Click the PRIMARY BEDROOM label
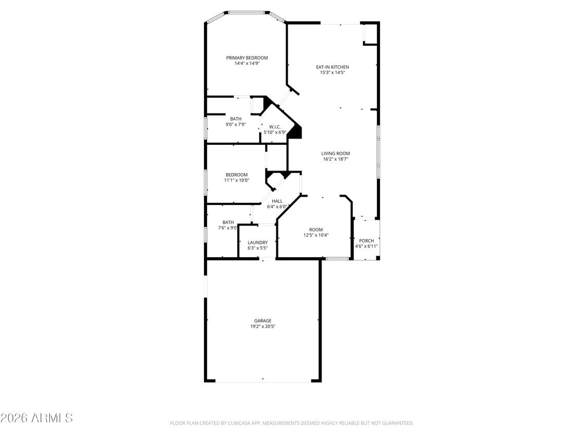click(x=247, y=58)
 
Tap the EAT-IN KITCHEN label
click(x=332, y=67)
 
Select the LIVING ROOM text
click(x=335, y=154)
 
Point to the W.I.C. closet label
click(x=275, y=126)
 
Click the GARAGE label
click(x=262, y=321)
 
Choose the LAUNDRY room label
click(x=257, y=243)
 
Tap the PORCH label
click(x=366, y=241)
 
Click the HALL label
click(x=277, y=201)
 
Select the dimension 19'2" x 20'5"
click(x=262, y=327)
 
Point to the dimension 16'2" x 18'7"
click(x=335, y=159)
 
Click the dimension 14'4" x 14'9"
click(x=247, y=64)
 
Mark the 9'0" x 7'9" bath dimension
click(x=236, y=124)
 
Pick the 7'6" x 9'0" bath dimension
click(x=228, y=227)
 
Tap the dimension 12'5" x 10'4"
click(x=315, y=235)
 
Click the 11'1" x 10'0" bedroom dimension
click(x=236, y=180)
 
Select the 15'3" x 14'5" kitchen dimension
click(x=332, y=73)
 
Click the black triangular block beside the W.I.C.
click(x=295, y=133)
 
